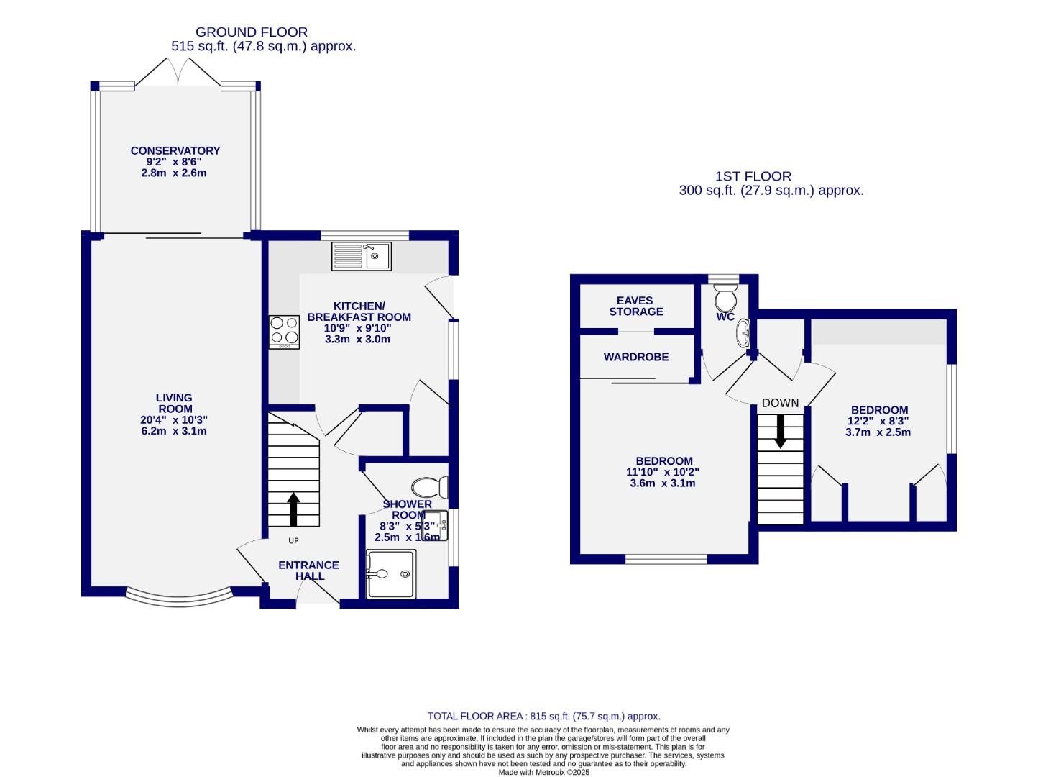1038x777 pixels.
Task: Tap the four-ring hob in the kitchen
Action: [284, 332]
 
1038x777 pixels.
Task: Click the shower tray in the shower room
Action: [391, 574]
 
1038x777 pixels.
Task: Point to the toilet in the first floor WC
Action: [725, 296]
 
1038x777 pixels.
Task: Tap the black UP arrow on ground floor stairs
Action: [293, 509]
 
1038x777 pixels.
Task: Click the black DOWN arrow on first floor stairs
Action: [780, 431]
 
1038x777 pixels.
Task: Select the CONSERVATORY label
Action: [175, 150]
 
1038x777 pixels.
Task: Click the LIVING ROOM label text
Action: [174, 403]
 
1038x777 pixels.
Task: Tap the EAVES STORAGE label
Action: [635, 306]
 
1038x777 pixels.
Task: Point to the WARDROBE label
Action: [635, 357]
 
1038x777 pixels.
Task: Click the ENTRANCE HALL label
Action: [309, 571]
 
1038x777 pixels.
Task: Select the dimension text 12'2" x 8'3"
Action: [878, 421]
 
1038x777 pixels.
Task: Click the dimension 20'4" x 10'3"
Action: [174, 420]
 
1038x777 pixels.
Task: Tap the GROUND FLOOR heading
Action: [252, 32]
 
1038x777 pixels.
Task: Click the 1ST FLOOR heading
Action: [753, 176]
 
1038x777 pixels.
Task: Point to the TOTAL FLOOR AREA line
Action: [543, 716]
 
